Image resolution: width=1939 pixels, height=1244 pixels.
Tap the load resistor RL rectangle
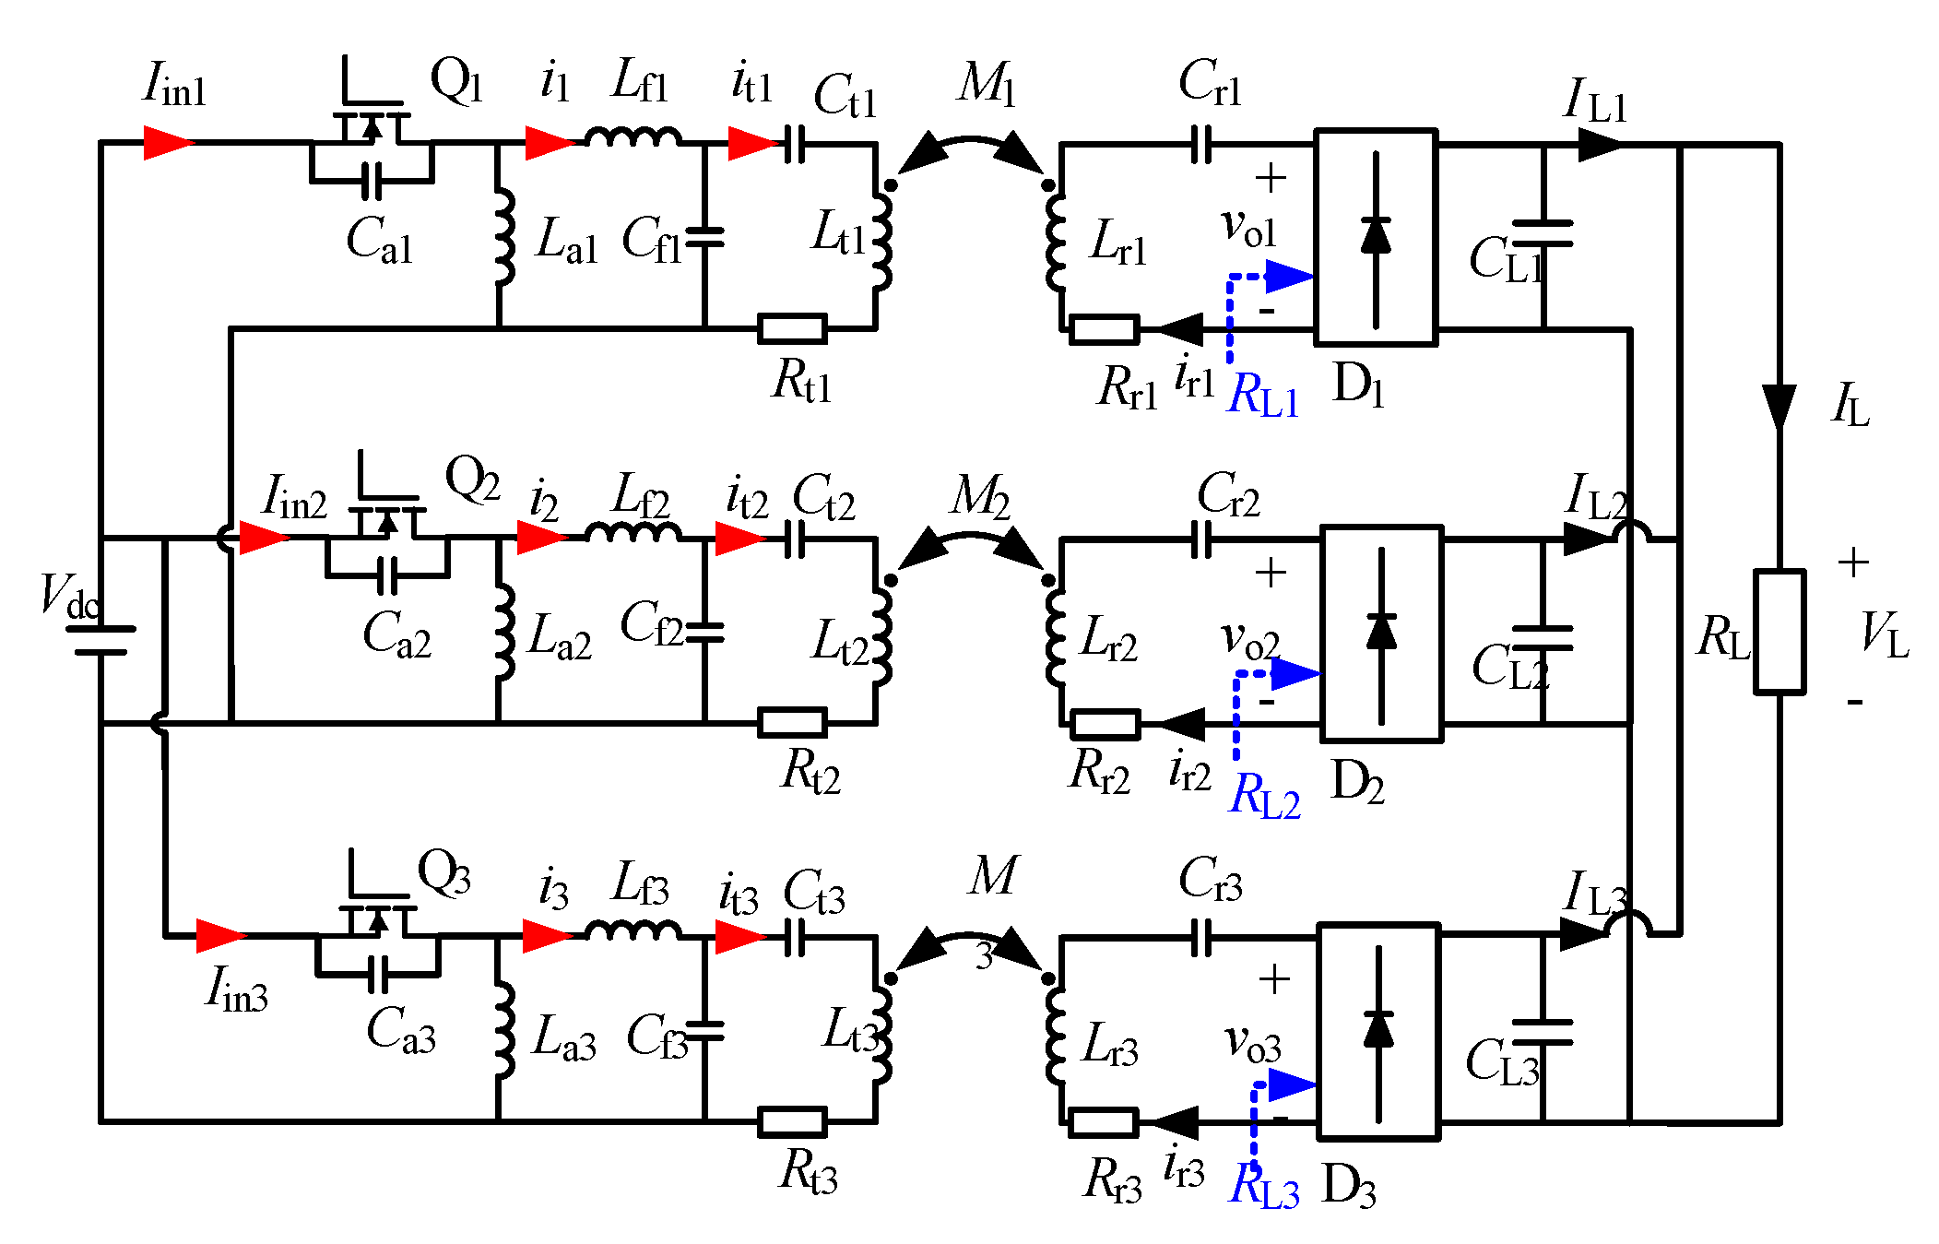pyautogui.click(x=1779, y=632)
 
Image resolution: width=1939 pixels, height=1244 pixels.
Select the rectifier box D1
pyautogui.click(x=1375, y=237)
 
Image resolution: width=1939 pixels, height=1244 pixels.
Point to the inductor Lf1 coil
pyautogui.click(x=633, y=137)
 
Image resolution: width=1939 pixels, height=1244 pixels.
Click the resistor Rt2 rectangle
pyautogui.click(x=792, y=722)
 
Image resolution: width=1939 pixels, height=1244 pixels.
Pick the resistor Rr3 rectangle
pyautogui.click(x=1103, y=1122)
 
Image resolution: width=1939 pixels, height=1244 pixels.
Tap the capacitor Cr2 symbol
pyautogui.click(x=1201, y=539)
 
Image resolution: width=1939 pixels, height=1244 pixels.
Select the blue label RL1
pyautogui.click(x=1264, y=397)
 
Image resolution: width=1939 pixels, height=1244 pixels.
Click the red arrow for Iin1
pyautogui.click(x=169, y=143)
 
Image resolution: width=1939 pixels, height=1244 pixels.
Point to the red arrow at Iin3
pyautogui.click(x=221, y=935)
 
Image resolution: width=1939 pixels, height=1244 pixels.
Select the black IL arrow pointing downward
pyautogui.click(x=1779, y=407)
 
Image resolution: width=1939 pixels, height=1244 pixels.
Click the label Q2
pyautogui.click(x=472, y=479)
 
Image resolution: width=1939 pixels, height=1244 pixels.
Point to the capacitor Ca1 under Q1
pyautogui.click(x=372, y=181)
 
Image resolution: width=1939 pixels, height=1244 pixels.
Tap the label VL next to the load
pyautogui.click(x=1884, y=634)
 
